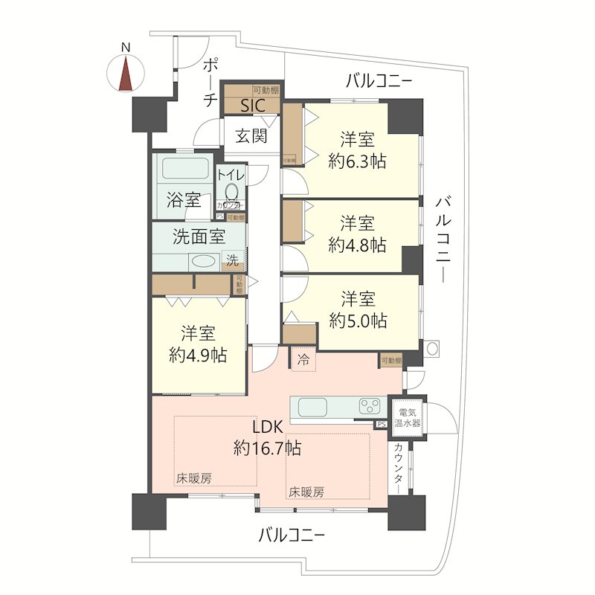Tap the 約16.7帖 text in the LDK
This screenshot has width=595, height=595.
266,448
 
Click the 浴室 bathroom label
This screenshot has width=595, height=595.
183,199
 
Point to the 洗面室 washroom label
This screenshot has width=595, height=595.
199,237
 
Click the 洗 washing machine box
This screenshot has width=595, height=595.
233,260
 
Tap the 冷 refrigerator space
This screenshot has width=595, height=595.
303,360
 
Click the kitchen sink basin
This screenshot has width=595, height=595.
312,408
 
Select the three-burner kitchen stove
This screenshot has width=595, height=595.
370,407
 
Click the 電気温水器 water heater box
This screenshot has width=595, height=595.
409,416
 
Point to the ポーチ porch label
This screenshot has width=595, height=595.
210,83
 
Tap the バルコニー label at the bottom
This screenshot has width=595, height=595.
292,535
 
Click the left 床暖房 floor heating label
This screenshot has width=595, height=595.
193,478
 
